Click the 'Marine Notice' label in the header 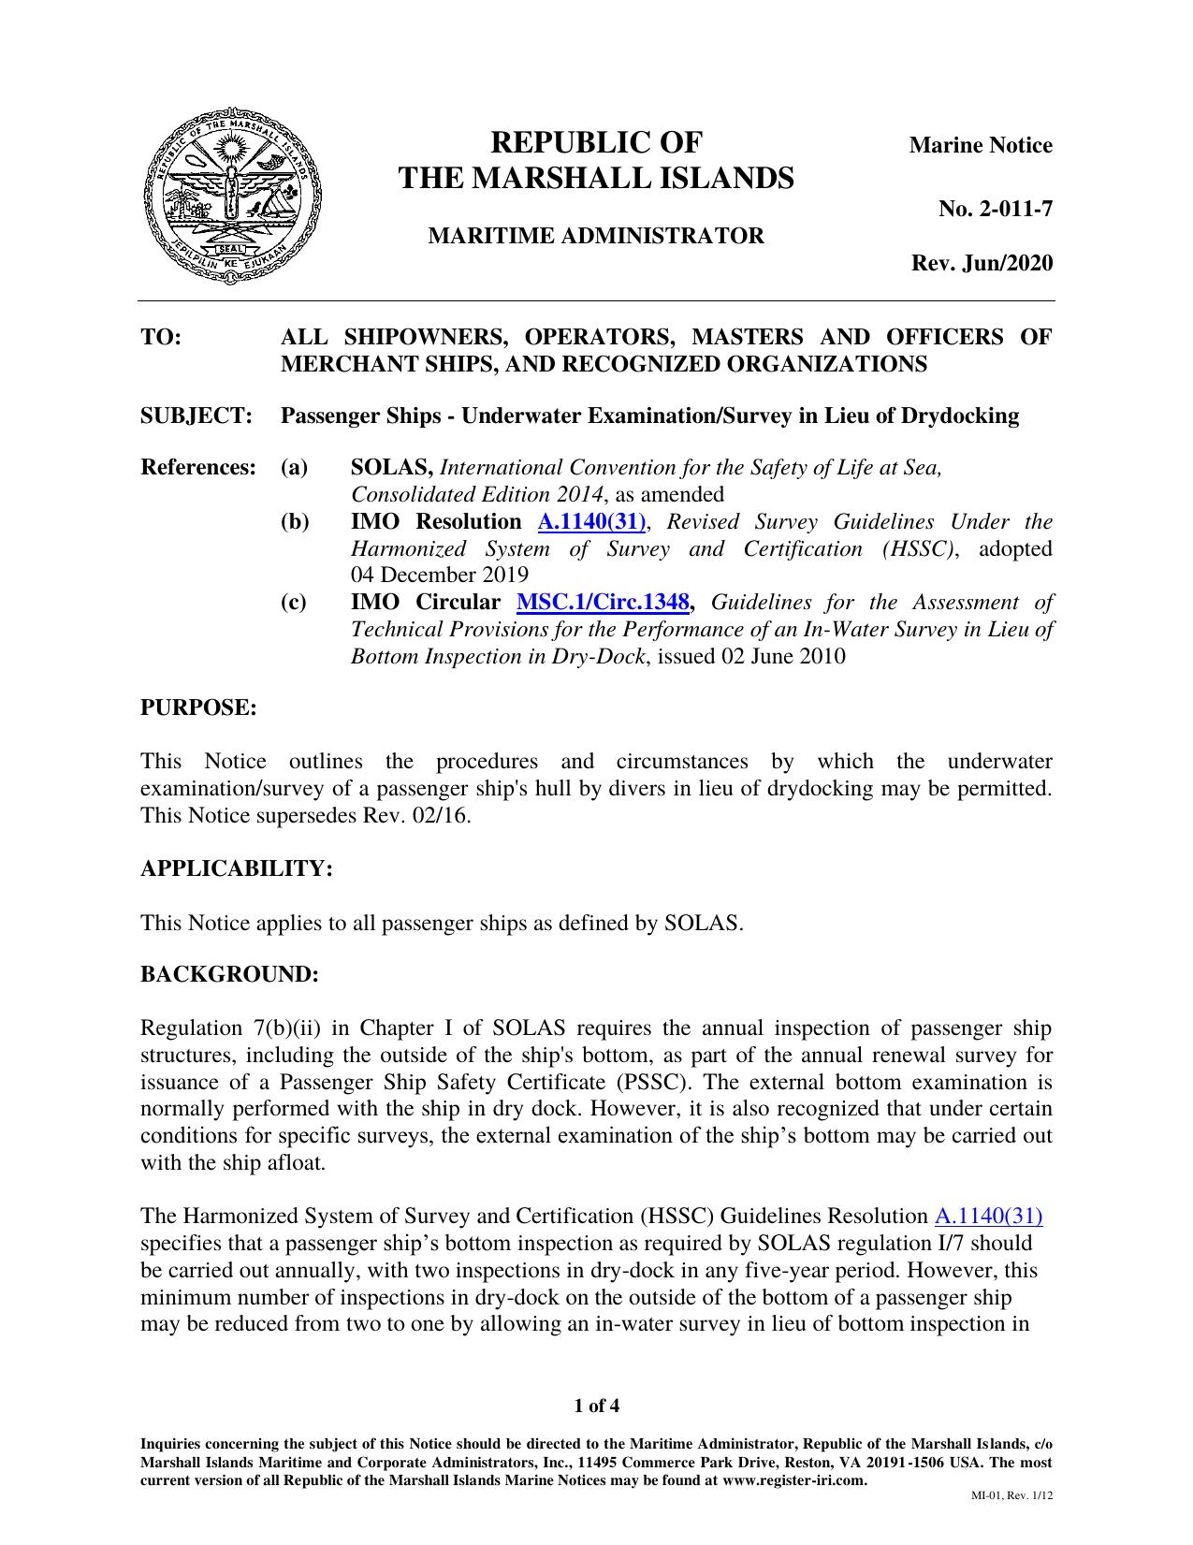[981, 145]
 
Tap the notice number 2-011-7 [996, 209]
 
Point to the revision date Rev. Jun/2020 [982, 263]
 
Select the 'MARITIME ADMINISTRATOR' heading [596, 236]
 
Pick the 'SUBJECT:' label [196, 415]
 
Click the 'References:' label [198, 467]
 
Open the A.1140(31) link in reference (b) [591, 522]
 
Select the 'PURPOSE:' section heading [198, 707]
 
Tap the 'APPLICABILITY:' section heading [237, 868]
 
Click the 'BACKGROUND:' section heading [230, 974]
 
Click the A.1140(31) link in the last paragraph [988, 1217]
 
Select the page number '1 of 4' [596, 1406]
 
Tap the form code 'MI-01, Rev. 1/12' [1013, 1495]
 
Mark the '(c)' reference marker [294, 602]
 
